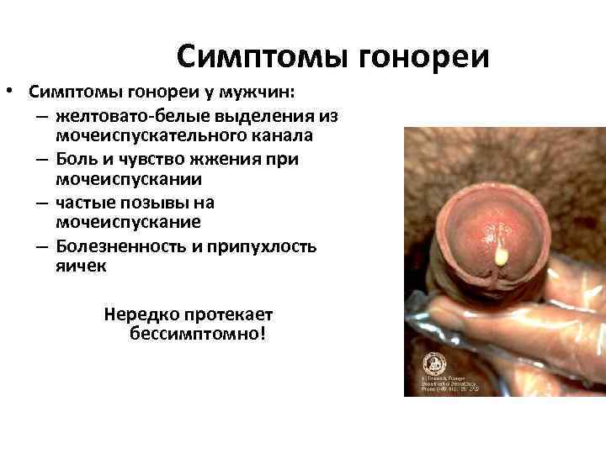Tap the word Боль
(77, 158)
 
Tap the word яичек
(82, 267)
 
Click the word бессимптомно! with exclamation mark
(198, 335)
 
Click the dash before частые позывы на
(42, 202)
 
